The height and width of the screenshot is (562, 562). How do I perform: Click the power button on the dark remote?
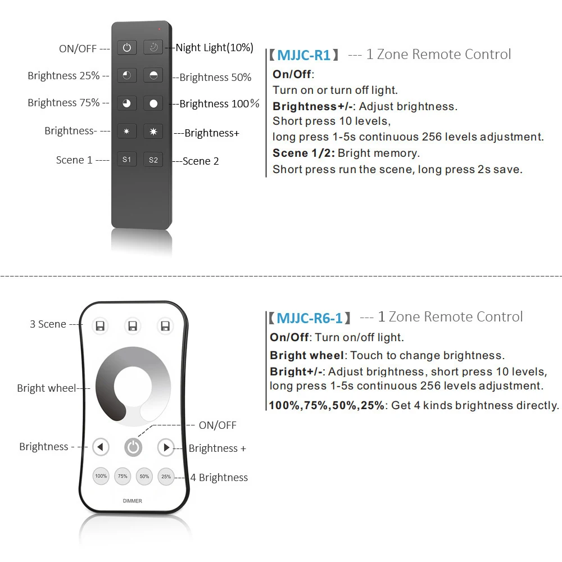tap(127, 48)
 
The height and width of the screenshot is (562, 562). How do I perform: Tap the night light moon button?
tap(153, 48)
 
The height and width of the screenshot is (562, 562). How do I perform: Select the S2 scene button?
tap(153, 160)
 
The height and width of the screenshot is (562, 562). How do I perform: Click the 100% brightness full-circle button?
tap(153, 103)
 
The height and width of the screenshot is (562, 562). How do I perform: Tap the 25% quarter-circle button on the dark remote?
tap(127, 76)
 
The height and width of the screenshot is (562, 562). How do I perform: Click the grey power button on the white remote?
tap(133, 447)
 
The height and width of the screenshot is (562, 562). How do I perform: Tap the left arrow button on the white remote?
tap(101, 447)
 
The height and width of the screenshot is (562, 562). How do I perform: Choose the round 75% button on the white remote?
tap(123, 477)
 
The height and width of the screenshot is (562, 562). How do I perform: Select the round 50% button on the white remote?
tap(144, 477)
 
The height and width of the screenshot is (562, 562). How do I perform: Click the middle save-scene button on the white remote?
tap(133, 326)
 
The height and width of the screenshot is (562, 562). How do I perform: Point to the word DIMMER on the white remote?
tap(133, 501)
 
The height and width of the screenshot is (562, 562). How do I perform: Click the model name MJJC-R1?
tap(303, 55)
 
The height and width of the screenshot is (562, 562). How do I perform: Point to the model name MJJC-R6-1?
tap(309, 318)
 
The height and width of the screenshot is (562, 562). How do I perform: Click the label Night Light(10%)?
tap(214, 48)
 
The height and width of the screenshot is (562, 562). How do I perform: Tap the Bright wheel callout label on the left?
tap(46, 388)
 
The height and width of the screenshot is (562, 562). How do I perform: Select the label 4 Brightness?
tap(219, 478)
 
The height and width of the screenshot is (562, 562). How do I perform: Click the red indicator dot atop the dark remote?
tap(159, 28)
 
